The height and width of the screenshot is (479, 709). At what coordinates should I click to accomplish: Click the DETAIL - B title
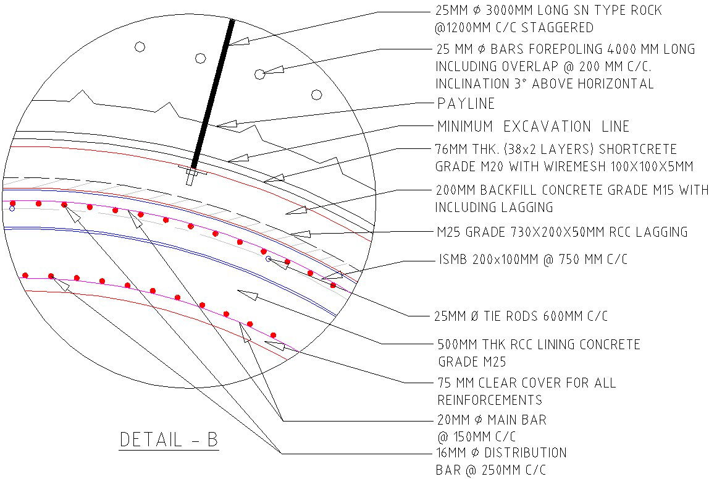[169, 440]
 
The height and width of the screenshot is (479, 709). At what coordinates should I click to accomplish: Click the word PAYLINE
[466, 103]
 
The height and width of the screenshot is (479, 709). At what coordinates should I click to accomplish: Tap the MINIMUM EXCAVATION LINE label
[533, 127]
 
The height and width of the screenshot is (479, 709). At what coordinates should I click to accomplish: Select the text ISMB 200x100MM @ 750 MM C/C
[533, 260]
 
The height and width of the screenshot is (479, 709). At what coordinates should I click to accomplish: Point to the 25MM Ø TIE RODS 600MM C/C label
[521, 316]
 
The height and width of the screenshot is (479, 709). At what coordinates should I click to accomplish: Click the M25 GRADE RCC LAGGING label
[561, 232]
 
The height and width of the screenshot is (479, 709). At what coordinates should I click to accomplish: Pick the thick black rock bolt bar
[213, 93]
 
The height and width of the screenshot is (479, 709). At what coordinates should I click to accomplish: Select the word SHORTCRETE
[636, 150]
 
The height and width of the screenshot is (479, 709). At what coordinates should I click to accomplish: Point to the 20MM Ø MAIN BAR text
[491, 420]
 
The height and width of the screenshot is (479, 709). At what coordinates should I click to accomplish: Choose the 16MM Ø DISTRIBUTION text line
[501, 453]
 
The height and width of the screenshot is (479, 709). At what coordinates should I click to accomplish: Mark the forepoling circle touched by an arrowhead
[260, 74]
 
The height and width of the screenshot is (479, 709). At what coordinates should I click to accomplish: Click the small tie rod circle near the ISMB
[269, 259]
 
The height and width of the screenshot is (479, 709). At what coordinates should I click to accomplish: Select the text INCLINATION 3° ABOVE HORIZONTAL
[544, 83]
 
